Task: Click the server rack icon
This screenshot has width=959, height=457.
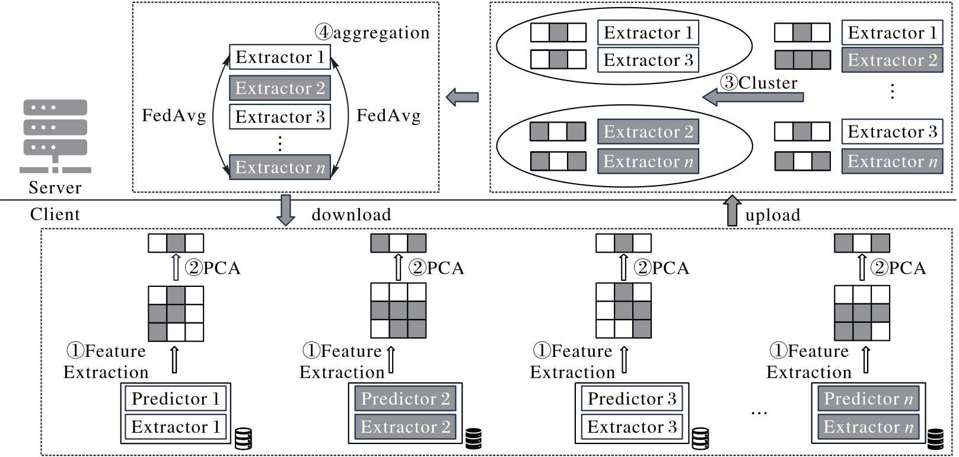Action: coord(55,136)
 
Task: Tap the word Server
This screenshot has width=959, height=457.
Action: coord(55,187)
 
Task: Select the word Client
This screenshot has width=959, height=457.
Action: coord(55,214)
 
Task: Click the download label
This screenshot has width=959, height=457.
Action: coord(351,215)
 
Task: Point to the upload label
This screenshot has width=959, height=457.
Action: coord(772,215)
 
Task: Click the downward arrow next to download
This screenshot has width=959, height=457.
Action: coord(286,210)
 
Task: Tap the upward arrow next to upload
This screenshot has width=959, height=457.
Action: coord(732,210)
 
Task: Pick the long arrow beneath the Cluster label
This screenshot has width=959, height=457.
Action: coord(753,97)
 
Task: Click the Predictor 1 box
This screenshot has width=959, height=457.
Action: coord(176,398)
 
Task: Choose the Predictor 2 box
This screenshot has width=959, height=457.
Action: coord(405,398)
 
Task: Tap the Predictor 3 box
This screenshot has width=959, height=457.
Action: coord(632,398)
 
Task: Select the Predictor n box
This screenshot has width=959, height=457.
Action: coord(868,398)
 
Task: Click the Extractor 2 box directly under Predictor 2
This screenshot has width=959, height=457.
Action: coord(405,427)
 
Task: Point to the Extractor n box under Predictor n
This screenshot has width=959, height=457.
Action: coord(868,427)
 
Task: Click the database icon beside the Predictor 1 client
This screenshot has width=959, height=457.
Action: coord(243,439)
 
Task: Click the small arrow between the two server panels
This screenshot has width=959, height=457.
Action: coord(463,97)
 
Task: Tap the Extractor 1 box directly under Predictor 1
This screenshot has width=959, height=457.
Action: coord(176,427)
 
